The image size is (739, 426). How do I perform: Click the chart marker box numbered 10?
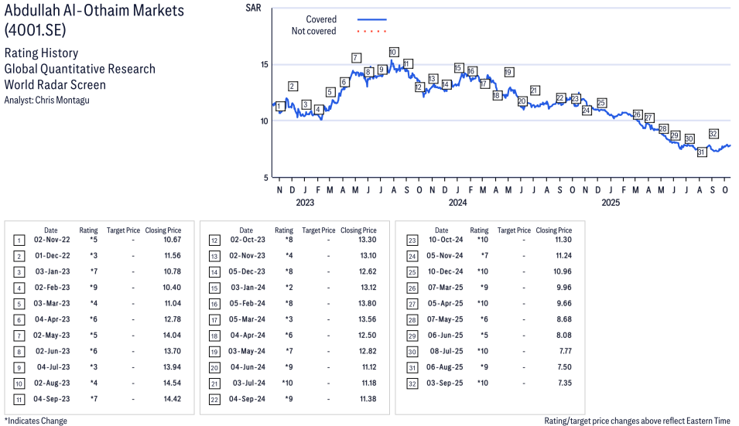[393, 53]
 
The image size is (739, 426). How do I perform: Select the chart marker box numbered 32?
[713, 134]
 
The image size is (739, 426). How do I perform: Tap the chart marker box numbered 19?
[508, 72]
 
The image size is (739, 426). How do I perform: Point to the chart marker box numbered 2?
[293, 87]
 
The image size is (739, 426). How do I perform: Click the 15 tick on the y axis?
[264, 64]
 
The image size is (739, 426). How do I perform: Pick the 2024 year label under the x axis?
[457, 203]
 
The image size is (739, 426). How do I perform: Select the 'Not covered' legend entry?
[313, 31]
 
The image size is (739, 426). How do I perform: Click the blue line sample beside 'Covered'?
[371, 19]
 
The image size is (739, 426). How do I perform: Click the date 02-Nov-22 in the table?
[51, 240]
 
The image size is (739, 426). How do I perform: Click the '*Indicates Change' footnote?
[36, 421]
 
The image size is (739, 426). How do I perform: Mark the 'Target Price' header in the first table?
[123, 230]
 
